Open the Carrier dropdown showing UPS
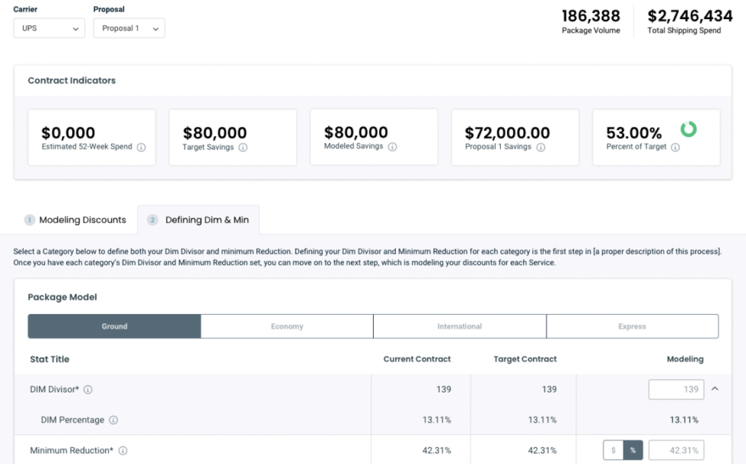click(49, 28)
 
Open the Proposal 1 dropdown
click(129, 28)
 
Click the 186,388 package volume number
click(591, 16)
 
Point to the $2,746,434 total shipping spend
click(690, 16)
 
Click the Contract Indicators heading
click(72, 81)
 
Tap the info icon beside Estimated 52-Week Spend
click(142, 148)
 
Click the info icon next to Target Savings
click(243, 148)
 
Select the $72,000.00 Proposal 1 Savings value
click(507, 133)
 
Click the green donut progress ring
click(688, 129)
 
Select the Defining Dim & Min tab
click(199, 220)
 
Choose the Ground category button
click(115, 326)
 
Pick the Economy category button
click(287, 326)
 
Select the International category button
click(459, 326)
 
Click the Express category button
click(632, 326)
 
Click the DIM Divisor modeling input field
click(676, 389)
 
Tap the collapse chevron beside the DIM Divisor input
click(715, 389)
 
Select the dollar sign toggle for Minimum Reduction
click(614, 450)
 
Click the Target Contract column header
click(525, 359)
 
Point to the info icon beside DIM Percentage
click(113, 420)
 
